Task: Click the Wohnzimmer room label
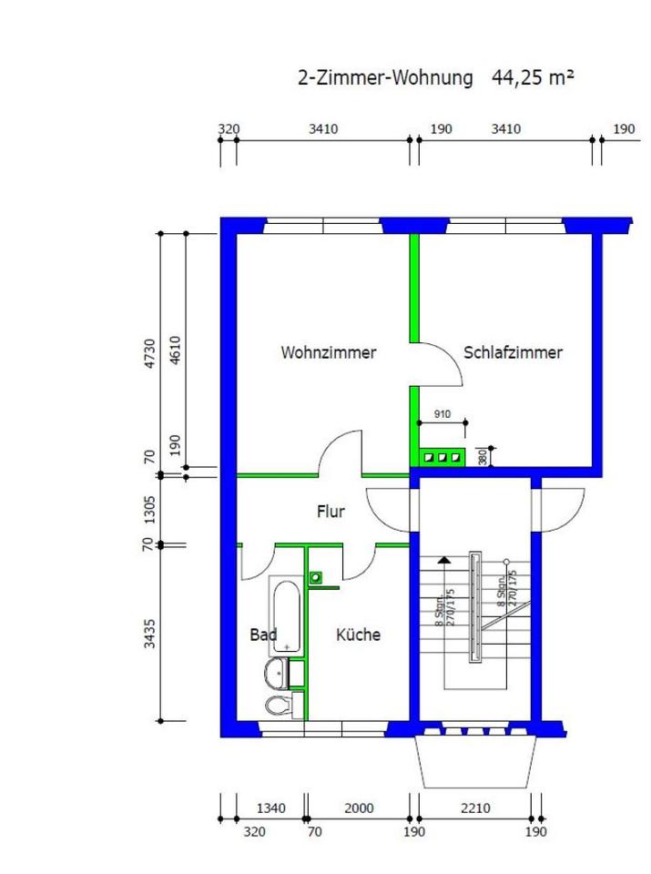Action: point(328,353)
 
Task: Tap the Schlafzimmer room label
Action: point(513,353)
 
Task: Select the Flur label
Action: point(331,512)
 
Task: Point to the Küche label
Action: point(358,635)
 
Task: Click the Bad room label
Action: point(263,635)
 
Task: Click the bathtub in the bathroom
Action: point(286,615)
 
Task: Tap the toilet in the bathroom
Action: point(277,705)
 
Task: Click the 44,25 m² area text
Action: point(534,77)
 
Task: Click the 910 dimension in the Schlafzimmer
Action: point(442,414)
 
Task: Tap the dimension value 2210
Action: point(475,808)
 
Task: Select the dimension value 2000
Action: point(360,808)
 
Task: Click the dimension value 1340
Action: point(271,808)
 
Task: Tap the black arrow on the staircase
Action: point(443,561)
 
